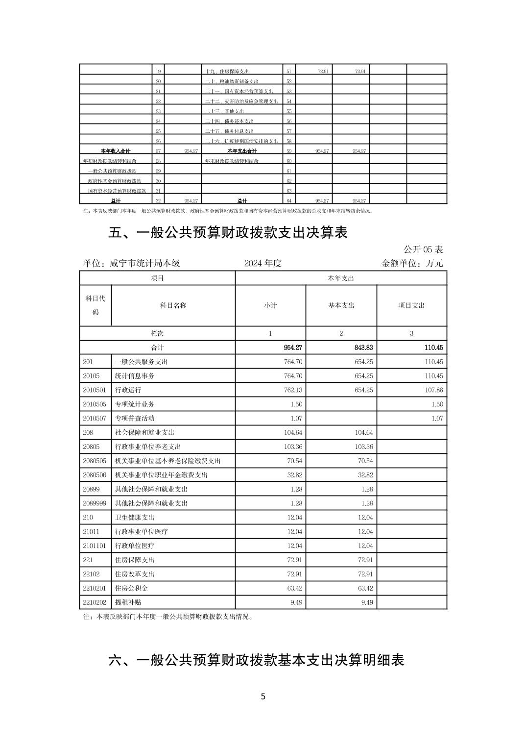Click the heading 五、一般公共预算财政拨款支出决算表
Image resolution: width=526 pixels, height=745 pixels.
[228, 232]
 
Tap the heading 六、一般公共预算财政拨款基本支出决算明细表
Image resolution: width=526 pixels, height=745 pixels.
[256, 660]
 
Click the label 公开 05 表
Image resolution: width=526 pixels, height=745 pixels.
[423, 249]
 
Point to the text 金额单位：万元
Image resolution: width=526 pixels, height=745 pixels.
[412, 263]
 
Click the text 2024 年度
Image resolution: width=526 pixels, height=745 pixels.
[263, 263]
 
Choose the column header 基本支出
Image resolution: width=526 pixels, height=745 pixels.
[341, 305]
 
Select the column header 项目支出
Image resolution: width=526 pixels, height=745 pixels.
[411, 305]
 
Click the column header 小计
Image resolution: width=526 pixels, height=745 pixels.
[270, 305]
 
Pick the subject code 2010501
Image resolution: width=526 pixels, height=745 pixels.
[95, 390]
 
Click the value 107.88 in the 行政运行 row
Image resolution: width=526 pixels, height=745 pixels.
[432, 390]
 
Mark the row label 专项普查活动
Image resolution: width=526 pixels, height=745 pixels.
[135, 419]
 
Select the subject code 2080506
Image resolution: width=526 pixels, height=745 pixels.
[95, 475]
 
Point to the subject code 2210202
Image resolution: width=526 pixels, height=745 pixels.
[95, 602]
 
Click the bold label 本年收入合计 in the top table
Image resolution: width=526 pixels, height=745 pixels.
[116, 151]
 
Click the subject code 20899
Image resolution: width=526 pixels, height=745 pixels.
[91, 489]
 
